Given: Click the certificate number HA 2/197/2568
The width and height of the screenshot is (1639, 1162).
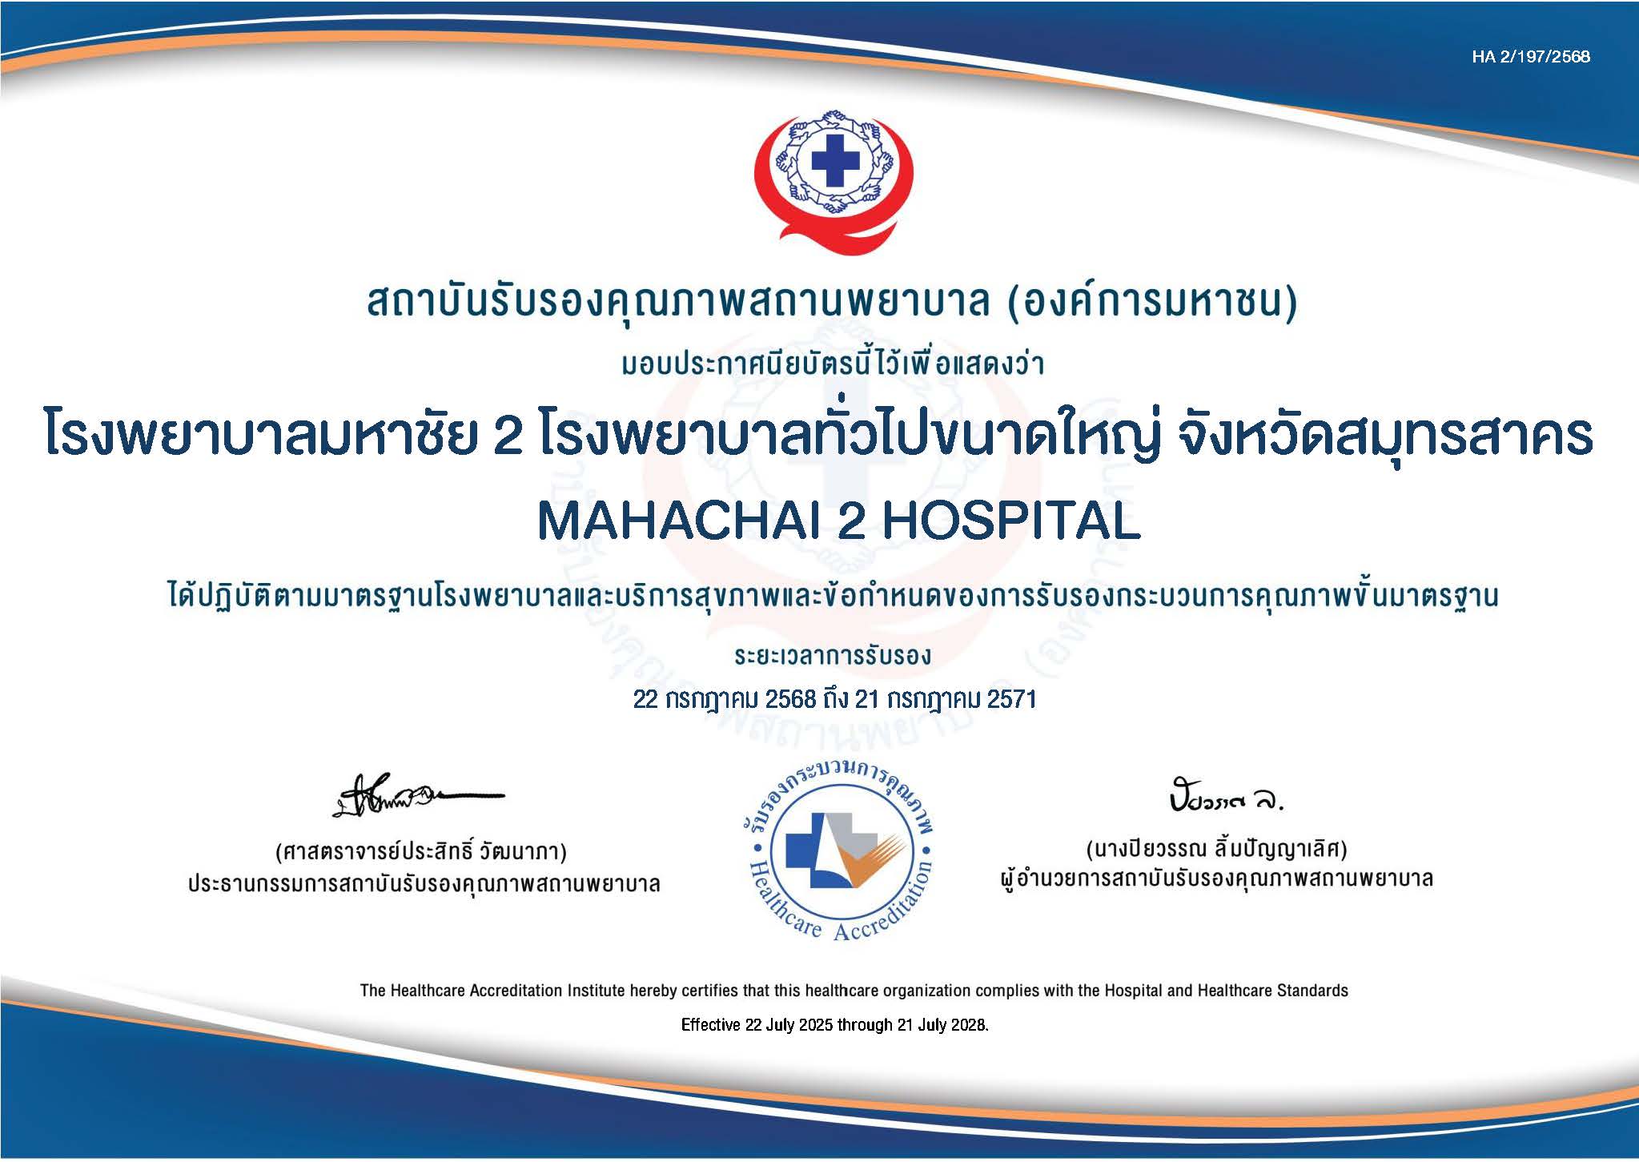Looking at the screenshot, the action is (x=1530, y=57).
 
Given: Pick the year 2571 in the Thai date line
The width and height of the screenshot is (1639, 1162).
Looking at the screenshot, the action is (x=1012, y=699).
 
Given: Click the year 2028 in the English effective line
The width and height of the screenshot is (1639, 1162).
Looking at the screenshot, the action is (x=971, y=1025).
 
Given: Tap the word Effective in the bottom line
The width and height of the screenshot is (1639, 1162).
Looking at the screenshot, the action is (x=710, y=1025).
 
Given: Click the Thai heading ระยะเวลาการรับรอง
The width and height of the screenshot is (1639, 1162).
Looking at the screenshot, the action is (x=833, y=657).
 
